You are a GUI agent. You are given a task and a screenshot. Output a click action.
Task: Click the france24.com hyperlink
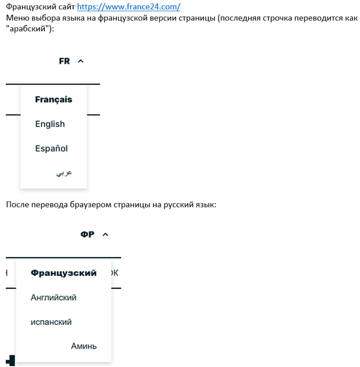click(x=129, y=7)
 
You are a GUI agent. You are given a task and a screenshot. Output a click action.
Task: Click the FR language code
click(x=64, y=61)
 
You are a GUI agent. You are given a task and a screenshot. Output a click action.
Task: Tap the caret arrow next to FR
click(x=80, y=61)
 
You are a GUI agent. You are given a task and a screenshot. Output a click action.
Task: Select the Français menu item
click(x=53, y=100)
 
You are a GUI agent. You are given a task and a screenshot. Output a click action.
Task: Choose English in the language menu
click(x=50, y=124)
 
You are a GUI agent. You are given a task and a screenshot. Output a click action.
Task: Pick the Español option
click(x=51, y=149)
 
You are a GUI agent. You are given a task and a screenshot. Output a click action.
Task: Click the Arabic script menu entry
click(x=64, y=173)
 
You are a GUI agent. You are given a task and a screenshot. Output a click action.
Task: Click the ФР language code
click(x=87, y=234)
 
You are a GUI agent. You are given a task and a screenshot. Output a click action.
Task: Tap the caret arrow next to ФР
click(x=105, y=234)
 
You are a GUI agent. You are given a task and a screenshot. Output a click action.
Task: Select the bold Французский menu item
click(x=64, y=273)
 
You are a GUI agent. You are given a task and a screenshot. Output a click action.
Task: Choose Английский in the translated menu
click(x=53, y=298)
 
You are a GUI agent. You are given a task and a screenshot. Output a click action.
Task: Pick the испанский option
click(x=51, y=322)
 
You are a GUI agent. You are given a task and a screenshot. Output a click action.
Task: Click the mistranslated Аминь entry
click(x=84, y=346)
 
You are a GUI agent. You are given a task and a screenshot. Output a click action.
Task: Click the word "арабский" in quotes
click(x=30, y=29)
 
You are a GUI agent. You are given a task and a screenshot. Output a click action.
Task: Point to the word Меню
click(x=17, y=19)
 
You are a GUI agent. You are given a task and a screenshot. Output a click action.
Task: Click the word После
click(x=19, y=205)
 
